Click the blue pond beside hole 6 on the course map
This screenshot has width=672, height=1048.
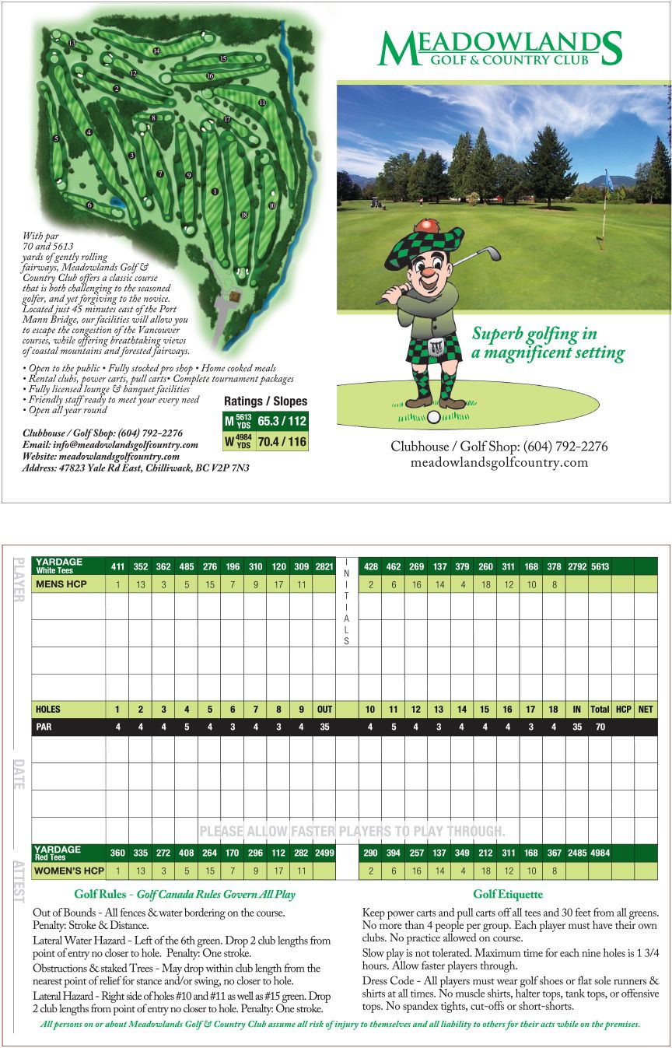click(x=117, y=202)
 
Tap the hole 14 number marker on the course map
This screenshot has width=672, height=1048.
click(x=156, y=51)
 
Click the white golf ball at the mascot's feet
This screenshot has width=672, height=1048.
click(x=434, y=417)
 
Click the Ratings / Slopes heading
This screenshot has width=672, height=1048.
click(x=265, y=401)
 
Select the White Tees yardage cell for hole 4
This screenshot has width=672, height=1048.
click(x=187, y=566)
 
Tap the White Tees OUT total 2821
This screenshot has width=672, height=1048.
click(x=324, y=566)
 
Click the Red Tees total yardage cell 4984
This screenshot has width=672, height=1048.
click(x=600, y=853)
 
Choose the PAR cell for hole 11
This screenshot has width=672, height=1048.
click(x=393, y=727)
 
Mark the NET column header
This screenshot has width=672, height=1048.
click(x=646, y=710)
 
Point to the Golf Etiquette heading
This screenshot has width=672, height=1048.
click(x=508, y=895)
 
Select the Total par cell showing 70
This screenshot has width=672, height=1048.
click(x=600, y=727)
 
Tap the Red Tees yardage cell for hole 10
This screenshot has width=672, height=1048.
click(x=370, y=853)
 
